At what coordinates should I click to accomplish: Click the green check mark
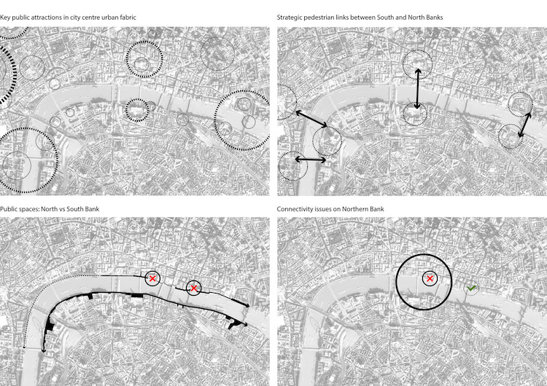471,288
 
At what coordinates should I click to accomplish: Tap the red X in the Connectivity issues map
430,279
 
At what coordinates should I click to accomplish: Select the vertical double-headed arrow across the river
418,89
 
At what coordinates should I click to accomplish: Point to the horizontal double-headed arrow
311,159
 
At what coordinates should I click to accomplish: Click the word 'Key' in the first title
4,17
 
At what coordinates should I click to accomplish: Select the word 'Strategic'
290,17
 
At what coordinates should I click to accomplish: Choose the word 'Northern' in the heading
357,209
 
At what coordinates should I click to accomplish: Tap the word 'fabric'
128,17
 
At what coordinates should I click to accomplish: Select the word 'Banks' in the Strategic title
435,17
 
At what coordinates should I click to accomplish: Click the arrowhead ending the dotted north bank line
24,346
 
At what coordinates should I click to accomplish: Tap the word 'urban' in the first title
110,17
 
